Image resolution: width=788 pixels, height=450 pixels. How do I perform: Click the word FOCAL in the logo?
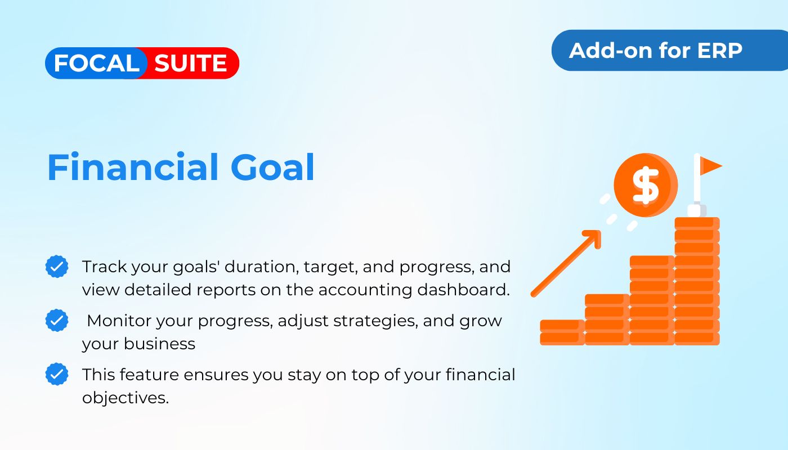tap(97, 63)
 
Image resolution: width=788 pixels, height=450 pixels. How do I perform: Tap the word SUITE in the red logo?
tap(190, 63)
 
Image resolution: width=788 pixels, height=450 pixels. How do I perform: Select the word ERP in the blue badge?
tap(719, 51)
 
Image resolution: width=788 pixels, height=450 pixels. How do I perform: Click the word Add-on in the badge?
tap(611, 51)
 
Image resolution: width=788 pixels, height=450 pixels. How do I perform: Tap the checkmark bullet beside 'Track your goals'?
tap(57, 267)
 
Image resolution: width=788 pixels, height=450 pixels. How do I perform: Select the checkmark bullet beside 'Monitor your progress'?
tap(57, 320)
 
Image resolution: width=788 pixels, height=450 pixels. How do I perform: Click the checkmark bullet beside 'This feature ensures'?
tap(57, 374)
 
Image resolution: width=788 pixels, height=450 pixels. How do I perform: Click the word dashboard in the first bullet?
tap(463, 290)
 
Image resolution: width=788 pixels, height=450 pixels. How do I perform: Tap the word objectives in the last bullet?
tap(125, 398)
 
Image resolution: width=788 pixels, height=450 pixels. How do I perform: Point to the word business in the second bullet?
tap(159, 344)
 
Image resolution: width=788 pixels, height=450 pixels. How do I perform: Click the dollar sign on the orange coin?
tap(646, 185)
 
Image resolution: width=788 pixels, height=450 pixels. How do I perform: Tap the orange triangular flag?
tap(710, 165)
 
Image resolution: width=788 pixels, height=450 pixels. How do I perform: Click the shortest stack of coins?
tap(562, 332)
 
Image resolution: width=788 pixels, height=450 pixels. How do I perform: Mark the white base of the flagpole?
tap(696, 210)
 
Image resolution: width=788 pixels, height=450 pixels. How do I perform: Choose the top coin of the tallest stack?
tap(697, 223)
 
